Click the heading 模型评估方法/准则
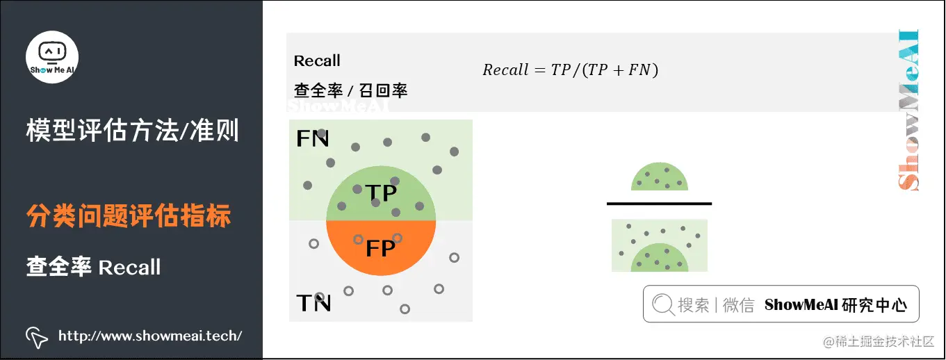coord(132,130)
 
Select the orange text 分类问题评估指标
coord(129,216)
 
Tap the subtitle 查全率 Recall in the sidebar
coord(94,267)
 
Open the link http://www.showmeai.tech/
coord(150,336)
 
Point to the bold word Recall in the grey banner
coord(317,61)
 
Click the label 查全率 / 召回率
coord(350,90)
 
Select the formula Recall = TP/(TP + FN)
coord(570,69)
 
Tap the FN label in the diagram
coord(312,139)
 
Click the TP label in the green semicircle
coord(380,193)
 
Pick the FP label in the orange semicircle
coord(380,248)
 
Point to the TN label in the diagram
coord(313,303)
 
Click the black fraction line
coord(659,204)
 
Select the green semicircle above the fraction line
coord(660,178)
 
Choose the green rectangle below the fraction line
coord(659,245)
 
